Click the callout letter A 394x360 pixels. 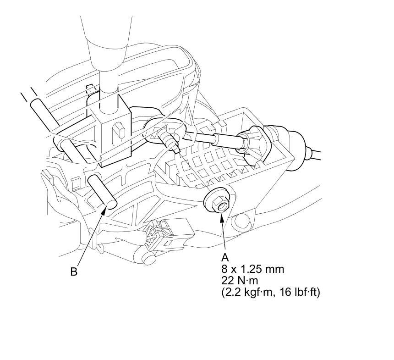[225, 258]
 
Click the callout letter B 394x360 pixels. [74, 271]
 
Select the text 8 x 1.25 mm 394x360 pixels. [252, 269]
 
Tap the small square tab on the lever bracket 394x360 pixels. [118, 130]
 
